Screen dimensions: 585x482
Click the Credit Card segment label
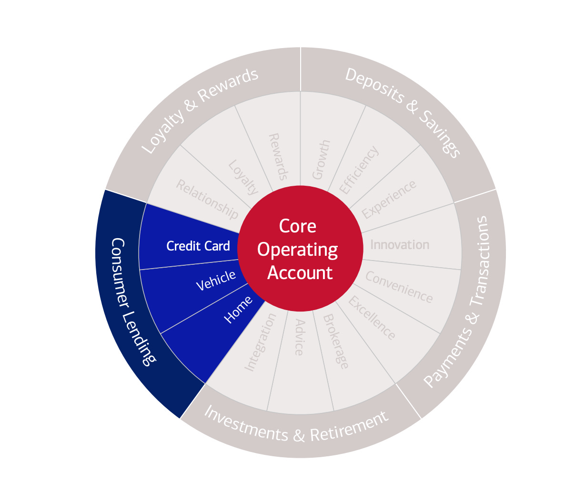pos(198,246)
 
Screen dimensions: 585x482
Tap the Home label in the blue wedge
pos(238,310)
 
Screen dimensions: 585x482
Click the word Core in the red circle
pos(298,226)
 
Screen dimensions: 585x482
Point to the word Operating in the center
pos(298,250)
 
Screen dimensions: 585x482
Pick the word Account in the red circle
pos(300,273)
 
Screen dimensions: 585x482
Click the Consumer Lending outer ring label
pos(132,302)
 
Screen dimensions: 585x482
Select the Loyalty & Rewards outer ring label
pos(200,111)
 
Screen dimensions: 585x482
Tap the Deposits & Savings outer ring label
pos(403,112)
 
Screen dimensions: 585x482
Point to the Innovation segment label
pos(400,245)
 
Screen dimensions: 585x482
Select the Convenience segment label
pos(399,287)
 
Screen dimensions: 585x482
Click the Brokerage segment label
pos(336,341)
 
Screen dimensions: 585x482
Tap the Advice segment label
pos(299,337)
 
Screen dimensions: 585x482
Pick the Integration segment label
pos(260,341)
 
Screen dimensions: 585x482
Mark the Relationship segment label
pos(207,200)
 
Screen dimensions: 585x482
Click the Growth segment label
pos(321,160)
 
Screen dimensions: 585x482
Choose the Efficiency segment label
pos(359,170)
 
